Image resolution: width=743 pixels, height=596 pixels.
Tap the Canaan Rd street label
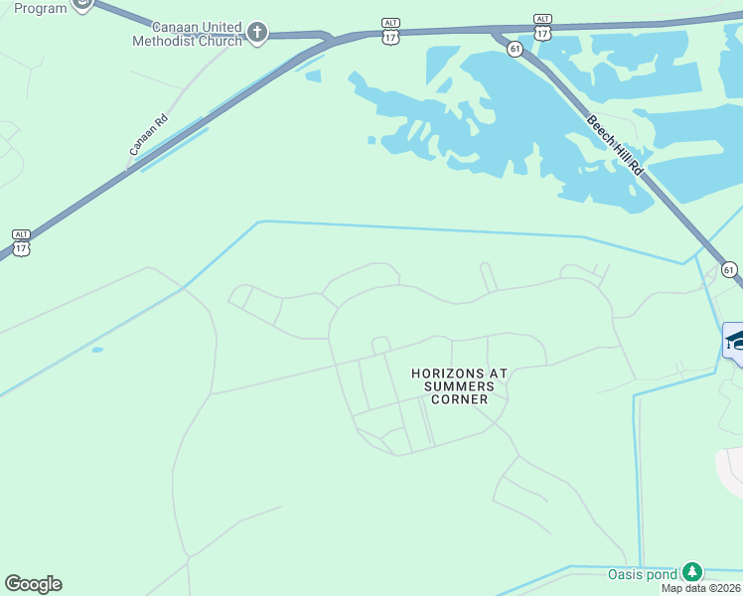point(148,134)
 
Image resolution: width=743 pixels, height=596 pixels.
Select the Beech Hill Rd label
point(616,145)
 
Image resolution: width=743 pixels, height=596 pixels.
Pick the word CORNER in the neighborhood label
point(460,399)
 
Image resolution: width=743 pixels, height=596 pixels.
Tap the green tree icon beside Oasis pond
point(691,572)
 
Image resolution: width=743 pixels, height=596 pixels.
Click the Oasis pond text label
point(643,574)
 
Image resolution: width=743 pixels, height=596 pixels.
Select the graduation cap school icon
point(735,341)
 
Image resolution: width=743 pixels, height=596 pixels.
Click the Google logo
point(33,584)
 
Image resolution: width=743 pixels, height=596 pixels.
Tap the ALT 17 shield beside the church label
point(390,31)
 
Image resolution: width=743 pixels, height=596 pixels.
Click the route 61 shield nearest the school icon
point(730,269)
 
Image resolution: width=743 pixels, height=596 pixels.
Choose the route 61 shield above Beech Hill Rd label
point(515,49)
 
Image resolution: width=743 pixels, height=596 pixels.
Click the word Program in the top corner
point(40,8)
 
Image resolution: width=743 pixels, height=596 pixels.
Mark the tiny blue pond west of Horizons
point(97,350)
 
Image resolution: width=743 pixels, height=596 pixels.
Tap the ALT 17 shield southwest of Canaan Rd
point(21,242)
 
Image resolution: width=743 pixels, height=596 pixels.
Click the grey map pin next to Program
point(83,3)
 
